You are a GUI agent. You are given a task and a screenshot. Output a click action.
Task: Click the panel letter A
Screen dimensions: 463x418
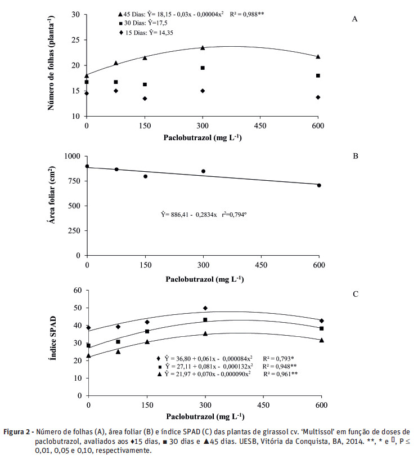click(x=355, y=19)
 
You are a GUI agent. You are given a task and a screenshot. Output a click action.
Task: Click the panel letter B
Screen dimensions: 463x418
click(x=355, y=155)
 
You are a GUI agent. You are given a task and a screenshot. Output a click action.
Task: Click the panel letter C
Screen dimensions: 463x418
click(x=355, y=293)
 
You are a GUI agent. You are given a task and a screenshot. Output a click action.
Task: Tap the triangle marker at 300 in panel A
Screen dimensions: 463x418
click(x=203, y=47)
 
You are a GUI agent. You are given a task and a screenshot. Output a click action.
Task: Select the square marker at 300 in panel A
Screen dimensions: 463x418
click(x=203, y=68)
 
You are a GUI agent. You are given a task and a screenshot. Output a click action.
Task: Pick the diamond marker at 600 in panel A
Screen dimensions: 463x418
click(x=318, y=97)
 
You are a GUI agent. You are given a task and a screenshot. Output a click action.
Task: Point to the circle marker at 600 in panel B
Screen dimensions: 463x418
click(x=319, y=185)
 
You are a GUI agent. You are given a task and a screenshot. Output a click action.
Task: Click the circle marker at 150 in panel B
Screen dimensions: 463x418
click(x=145, y=176)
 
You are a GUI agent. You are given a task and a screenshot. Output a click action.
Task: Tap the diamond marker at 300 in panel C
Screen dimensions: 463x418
click(x=205, y=308)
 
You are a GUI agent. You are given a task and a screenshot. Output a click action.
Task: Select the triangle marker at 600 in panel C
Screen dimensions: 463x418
click(x=322, y=340)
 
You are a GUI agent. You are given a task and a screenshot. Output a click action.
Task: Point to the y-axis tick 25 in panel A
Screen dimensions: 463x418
click(x=75, y=39)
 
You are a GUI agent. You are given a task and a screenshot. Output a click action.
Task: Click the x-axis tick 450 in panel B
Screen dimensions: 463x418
click(x=260, y=265)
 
